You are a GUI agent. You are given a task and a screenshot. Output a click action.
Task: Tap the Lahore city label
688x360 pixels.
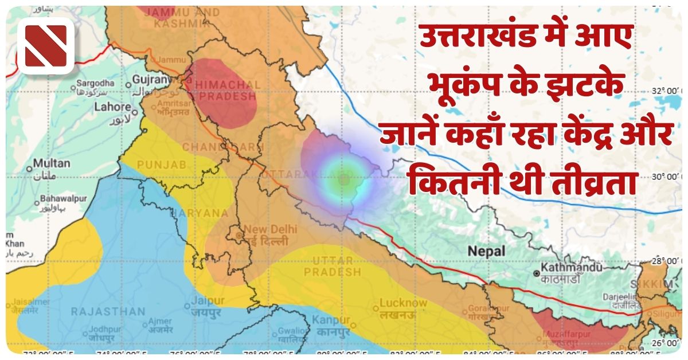pos(113,107)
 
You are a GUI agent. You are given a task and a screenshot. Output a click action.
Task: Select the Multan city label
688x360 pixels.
pos(51,163)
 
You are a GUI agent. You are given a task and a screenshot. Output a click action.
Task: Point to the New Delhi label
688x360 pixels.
pos(271,229)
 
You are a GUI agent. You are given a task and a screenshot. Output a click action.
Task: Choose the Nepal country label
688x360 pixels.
pos(486,251)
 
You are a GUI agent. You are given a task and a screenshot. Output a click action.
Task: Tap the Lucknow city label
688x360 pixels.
pos(403,303)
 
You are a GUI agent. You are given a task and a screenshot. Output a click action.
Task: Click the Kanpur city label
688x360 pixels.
pos(331,320)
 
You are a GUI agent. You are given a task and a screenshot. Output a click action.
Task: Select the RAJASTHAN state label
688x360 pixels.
pos(108,312)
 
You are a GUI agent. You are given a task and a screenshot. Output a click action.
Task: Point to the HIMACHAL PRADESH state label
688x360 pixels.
pos(228,91)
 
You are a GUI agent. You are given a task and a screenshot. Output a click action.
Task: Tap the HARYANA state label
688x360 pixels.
pos(205,213)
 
